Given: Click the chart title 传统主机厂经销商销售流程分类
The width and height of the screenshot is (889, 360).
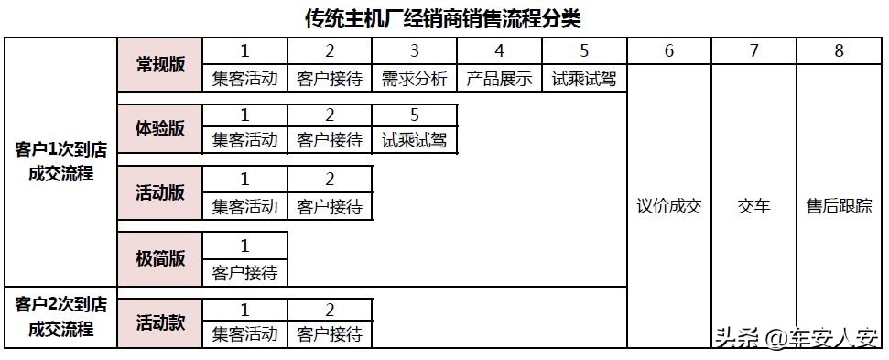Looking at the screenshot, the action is (x=443, y=17).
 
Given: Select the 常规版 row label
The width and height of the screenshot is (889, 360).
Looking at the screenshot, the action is (x=160, y=64).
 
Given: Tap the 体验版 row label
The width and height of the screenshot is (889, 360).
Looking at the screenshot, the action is (x=160, y=128).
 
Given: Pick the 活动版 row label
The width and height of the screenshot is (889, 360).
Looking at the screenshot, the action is (x=160, y=192).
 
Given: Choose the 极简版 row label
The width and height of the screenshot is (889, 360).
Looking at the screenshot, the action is (x=160, y=258).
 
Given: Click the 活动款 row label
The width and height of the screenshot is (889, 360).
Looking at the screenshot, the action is (x=160, y=322).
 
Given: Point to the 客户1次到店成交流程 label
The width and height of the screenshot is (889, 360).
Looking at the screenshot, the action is (x=61, y=161).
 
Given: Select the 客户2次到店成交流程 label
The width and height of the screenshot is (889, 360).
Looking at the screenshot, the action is (x=61, y=316).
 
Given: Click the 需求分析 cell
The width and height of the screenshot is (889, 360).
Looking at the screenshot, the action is (x=415, y=79).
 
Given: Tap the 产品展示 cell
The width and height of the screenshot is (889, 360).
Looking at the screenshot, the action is (x=499, y=79).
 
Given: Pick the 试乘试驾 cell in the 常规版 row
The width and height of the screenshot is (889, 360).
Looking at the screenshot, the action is (x=584, y=79).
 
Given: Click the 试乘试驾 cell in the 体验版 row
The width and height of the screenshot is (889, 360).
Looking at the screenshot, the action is (x=415, y=140).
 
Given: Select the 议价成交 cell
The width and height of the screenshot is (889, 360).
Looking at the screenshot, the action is (x=669, y=206).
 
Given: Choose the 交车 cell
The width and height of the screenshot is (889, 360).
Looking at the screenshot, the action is (x=753, y=206).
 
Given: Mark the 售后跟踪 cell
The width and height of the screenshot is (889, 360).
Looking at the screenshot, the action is (x=839, y=206).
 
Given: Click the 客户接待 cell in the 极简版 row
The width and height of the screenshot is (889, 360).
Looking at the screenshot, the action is (x=244, y=272).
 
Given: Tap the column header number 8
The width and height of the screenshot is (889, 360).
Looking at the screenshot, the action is (x=839, y=51).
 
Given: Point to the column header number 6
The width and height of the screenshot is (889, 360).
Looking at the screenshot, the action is (x=669, y=51).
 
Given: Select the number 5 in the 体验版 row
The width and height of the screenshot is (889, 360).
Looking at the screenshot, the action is (x=415, y=115).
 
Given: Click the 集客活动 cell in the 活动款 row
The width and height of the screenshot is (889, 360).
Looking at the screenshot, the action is (x=244, y=334).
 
